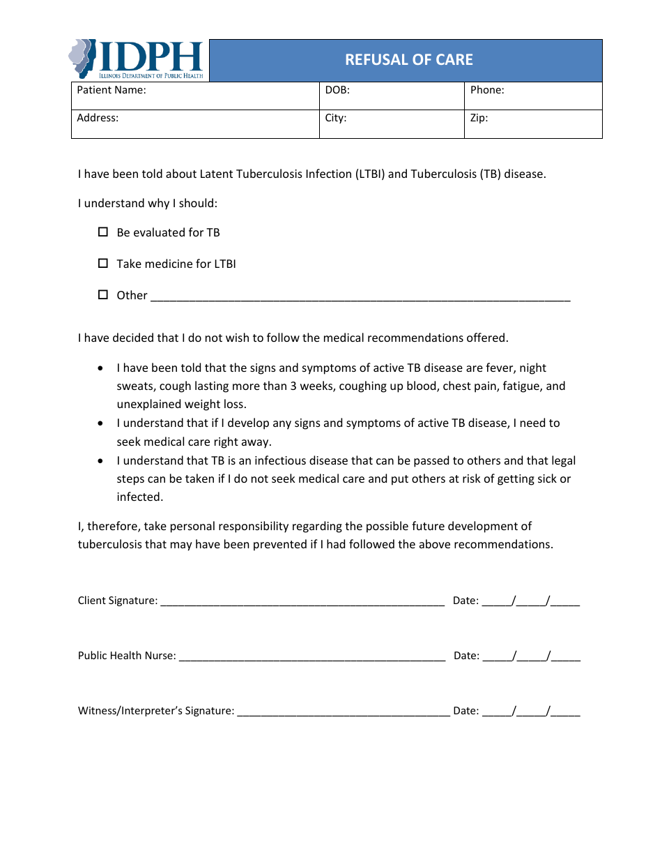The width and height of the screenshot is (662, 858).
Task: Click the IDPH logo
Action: pos(137,59)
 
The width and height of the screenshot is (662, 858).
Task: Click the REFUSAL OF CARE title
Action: pos(408,60)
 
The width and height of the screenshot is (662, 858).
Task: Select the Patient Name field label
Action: pos(111,90)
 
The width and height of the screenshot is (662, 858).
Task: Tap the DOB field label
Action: pos(337,90)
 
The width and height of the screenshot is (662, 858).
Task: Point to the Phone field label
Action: pos(487,90)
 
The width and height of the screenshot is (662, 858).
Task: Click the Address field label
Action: pos(98,118)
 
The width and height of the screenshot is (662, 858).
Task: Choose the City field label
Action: pos(336,118)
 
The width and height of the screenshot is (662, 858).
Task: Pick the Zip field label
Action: pos(479,118)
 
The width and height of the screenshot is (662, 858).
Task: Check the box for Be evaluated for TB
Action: pos(103,232)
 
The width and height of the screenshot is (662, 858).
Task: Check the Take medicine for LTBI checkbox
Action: pos(103,263)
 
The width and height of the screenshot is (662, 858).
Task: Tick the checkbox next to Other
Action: pos(103,294)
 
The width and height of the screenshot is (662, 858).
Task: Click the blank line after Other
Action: pos(360,296)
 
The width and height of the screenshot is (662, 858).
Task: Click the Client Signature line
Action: pos(302,601)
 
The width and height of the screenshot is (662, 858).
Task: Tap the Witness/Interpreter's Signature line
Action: pos(343,712)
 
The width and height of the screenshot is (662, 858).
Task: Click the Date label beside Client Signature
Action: pos(465,601)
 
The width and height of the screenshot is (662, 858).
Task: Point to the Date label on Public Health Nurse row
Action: pos(466,656)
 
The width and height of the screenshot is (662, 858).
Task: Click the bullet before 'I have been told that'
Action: pos(102,368)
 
